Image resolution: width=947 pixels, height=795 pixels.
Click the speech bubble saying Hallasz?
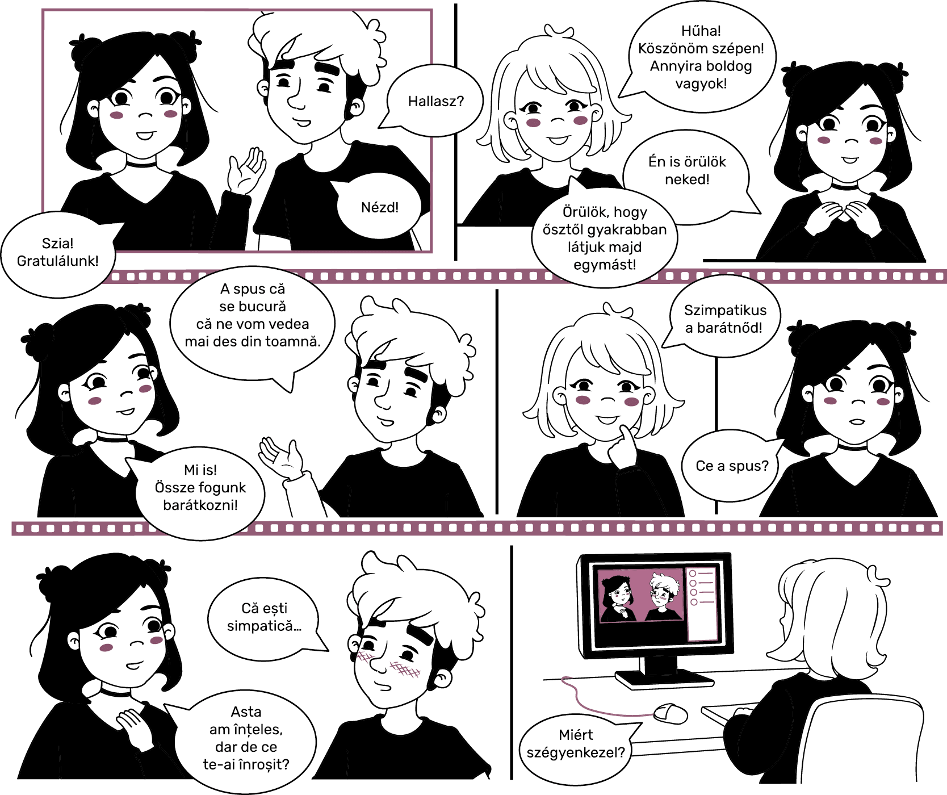point(435,101)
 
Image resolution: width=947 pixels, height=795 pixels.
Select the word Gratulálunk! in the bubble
point(57,261)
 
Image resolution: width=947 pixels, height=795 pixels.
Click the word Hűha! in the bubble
point(701,31)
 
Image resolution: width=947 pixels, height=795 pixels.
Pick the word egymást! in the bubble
point(605,265)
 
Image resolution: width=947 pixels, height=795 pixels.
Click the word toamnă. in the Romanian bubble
point(295,341)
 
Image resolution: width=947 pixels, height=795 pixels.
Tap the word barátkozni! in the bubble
point(200,505)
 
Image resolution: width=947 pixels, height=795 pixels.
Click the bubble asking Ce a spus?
point(731,466)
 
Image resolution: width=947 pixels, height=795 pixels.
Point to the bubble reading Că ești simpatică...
point(266,617)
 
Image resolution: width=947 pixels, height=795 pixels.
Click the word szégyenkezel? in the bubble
point(576,752)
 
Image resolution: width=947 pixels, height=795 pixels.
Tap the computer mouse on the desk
point(670,713)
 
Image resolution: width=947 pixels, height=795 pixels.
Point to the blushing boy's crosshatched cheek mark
point(404,670)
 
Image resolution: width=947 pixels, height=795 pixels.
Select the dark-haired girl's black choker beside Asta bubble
point(116,692)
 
